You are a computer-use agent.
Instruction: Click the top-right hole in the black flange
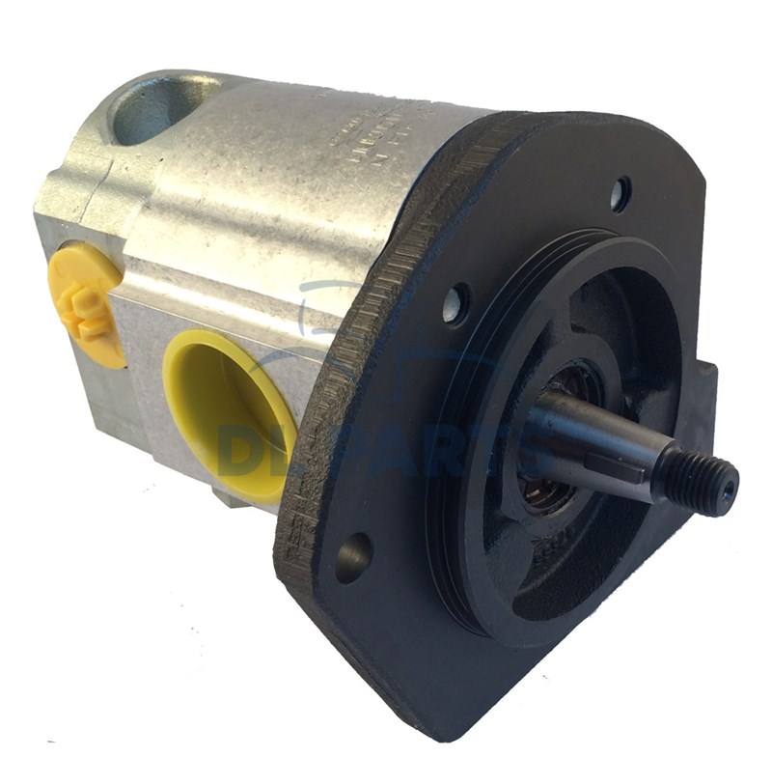pos(619,193)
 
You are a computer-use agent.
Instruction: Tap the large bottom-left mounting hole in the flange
pos(353,556)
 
